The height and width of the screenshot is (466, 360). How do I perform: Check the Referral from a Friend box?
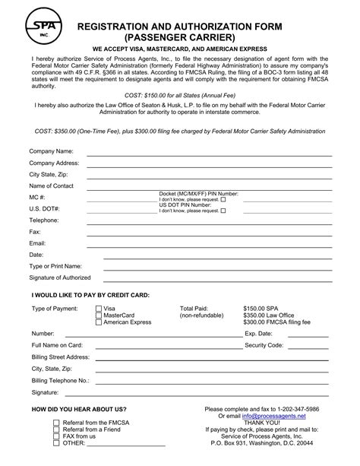pos(55,430)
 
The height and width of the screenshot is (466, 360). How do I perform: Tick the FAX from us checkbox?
pos(55,436)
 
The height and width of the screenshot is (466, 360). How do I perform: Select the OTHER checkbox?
pos(55,444)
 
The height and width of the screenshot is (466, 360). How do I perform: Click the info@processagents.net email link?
pos(274,417)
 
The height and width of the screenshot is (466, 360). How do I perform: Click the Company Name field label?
pos(51,151)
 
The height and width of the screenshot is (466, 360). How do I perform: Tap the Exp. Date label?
pos(258,334)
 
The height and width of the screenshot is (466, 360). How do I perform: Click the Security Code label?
pos(264,345)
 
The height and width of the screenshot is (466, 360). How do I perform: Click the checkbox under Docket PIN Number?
pos(223,199)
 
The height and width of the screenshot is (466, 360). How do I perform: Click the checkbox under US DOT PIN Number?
pos(223,211)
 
